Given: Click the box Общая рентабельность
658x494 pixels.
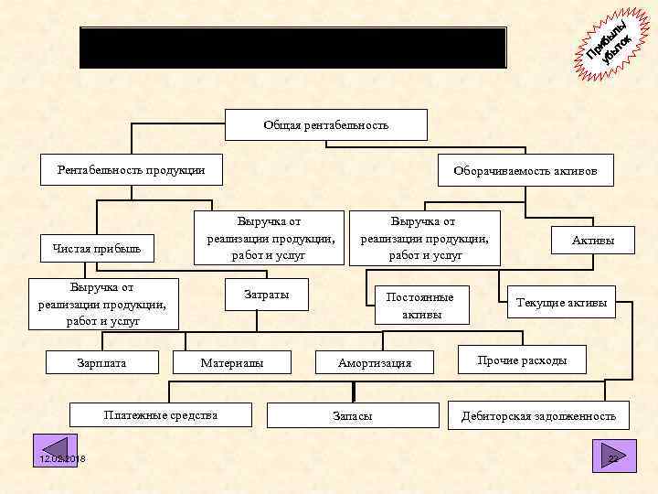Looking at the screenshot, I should [326, 124].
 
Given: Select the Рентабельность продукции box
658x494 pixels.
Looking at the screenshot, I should [130, 170].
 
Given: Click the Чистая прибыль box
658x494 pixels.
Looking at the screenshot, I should [97, 248].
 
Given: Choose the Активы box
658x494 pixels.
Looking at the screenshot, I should [592, 241].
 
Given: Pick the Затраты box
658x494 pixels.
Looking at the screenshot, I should [267, 295].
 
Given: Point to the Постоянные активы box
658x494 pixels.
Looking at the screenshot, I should [420, 305].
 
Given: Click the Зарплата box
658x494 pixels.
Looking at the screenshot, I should [101, 363].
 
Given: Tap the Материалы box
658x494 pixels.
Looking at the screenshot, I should [232, 363].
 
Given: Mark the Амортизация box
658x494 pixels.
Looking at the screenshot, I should [375, 363].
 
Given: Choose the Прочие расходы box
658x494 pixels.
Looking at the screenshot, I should [522, 360].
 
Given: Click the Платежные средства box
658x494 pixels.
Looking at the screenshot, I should [160, 415].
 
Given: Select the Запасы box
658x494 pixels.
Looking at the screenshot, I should [352, 415].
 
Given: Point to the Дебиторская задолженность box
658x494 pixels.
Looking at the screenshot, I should [538, 416].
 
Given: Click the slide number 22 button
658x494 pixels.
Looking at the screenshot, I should [614, 456].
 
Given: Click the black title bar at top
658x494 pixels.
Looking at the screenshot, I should [292, 48].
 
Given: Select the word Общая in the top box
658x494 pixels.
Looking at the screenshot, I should [281, 124].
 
